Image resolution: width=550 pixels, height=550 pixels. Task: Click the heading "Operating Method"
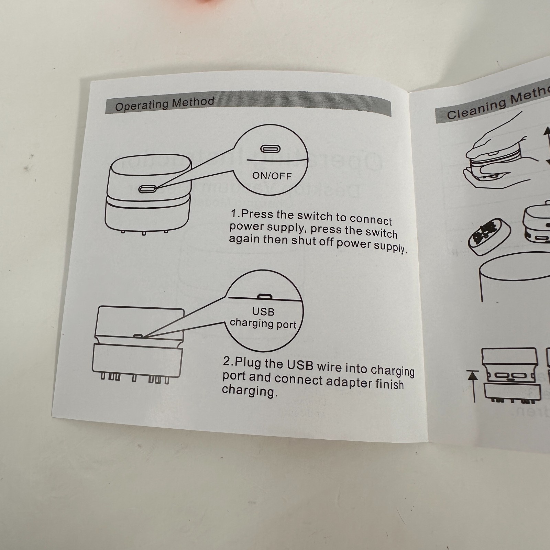pyautogui.click(x=164, y=104)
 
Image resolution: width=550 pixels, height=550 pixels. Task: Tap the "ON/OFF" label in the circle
pyautogui.click(x=272, y=176)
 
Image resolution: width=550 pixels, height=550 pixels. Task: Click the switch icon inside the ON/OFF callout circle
pyautogui.click(x=271, y=149)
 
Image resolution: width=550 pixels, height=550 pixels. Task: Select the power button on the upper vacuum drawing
pyautogui.click(x=147, y=189)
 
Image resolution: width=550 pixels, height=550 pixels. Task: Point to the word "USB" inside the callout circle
pyautogui.click(x=263, y=311)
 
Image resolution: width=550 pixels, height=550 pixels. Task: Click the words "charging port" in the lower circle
pyautogui.click(x=263, y=324)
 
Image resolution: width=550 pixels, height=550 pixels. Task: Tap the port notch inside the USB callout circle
pyautogui.click(x=265, y=296)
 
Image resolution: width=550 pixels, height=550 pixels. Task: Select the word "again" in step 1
pyautogui.click(x=244, y=239)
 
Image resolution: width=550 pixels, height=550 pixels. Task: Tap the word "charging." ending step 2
pyautogui.click(x=250, y=391)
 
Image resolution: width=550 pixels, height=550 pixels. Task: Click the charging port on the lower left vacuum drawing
pyautogui.click(x=138, y=336)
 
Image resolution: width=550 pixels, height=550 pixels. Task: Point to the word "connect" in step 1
pyautogui.click(x=371, y=220)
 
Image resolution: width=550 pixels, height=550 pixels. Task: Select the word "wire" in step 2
pyautogui.click(x=329, y=366)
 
